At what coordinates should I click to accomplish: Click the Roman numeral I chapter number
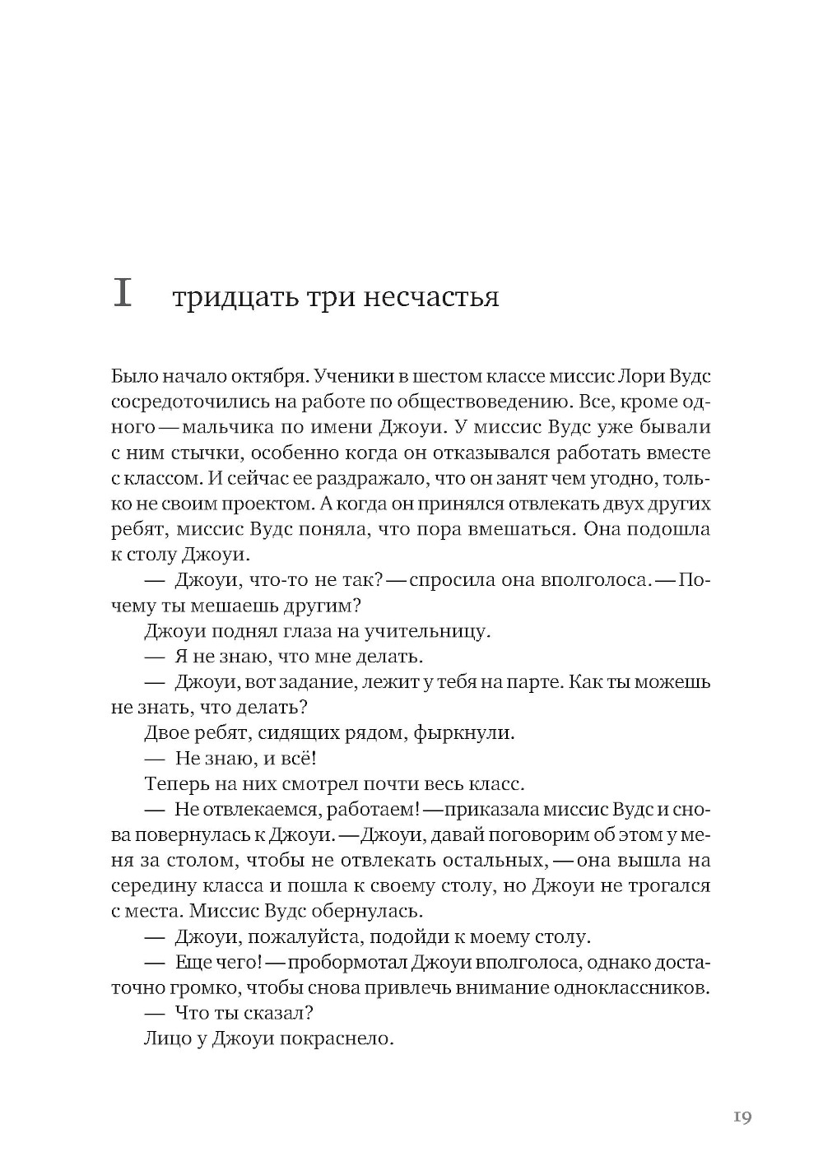pyautogui.click(x=122, y=294)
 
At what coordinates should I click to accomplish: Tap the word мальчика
pyautogui.click(x=226, y=428)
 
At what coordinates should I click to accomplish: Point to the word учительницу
pyautogui.click(x=433, y=631)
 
